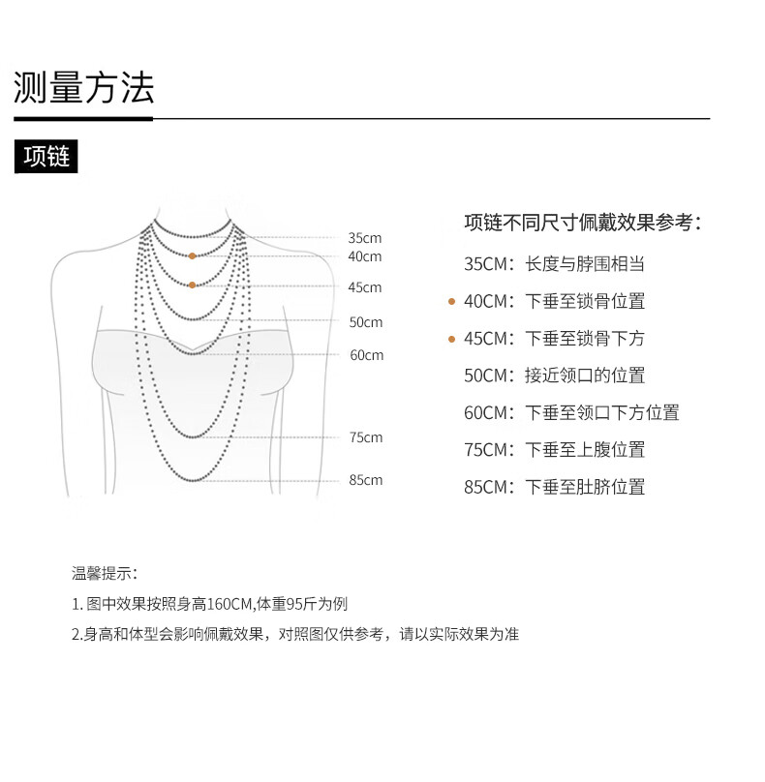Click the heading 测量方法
pos(84,88)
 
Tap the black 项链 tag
pos(46,157)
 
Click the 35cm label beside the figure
pos(365,238)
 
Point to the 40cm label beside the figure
pos(365,256)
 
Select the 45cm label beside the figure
pos(365,287)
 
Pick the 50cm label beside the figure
pos(365,322)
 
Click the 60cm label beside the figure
pos(366,355)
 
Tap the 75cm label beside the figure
pos(365,437)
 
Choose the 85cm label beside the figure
pos(365,480)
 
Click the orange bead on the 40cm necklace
pos(193,256)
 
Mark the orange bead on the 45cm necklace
pos(193,285)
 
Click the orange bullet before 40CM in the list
pos(451,302)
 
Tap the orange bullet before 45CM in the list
pos(451,339)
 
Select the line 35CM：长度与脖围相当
pos(554,264)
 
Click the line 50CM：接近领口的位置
pos(554,376)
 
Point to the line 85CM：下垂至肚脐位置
pos(554,487)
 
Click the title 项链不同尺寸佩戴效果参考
pos(582,222)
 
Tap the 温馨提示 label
pos(105,574)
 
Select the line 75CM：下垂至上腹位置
pos(554,450)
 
